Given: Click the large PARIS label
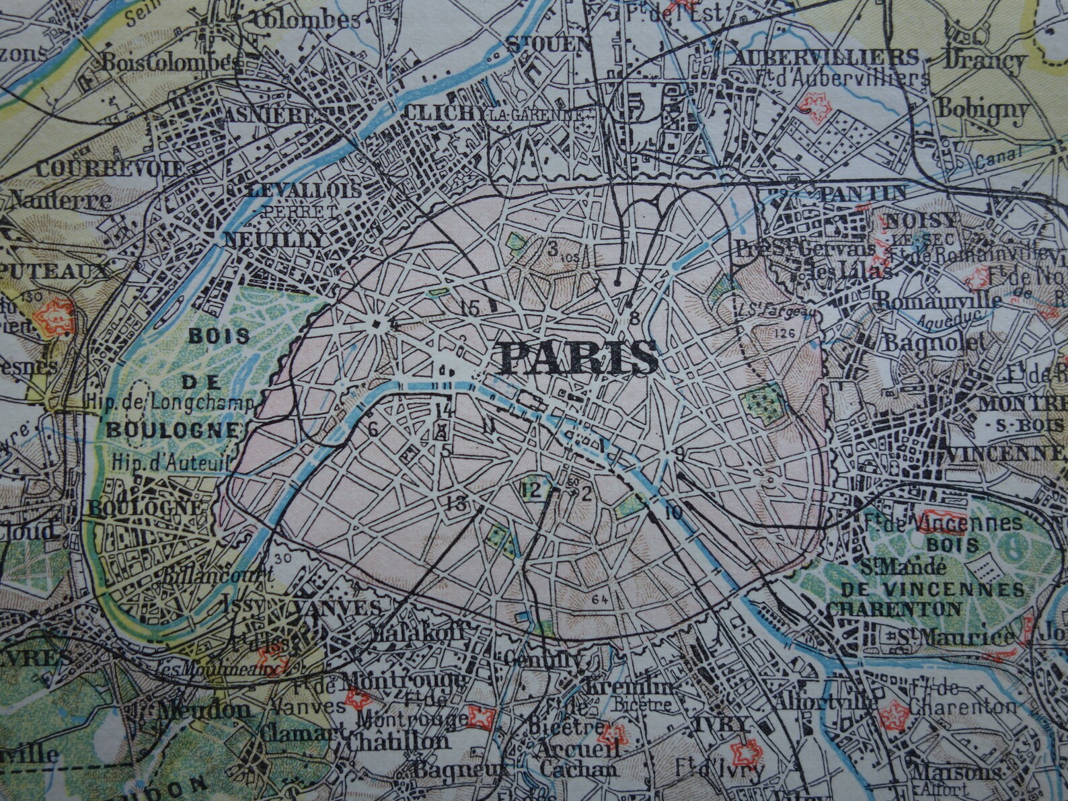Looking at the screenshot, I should pos(579,357).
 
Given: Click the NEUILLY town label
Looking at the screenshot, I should pos(274,239).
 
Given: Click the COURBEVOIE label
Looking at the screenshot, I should pos(110,168).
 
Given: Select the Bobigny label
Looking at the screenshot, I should pos(983,109).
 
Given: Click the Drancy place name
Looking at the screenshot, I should pos(985,61).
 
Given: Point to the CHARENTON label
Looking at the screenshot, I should pos(894,609).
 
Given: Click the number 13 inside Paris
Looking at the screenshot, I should pos(456,501).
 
